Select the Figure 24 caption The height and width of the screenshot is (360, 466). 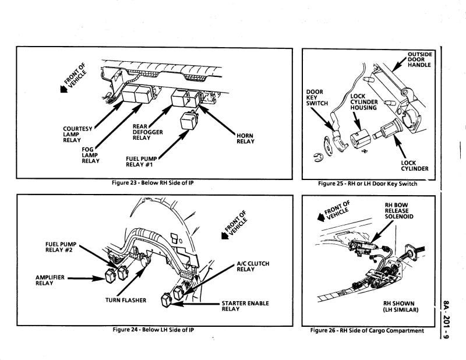pos(153,330)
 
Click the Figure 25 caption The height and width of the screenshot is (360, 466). pos(368,183)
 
